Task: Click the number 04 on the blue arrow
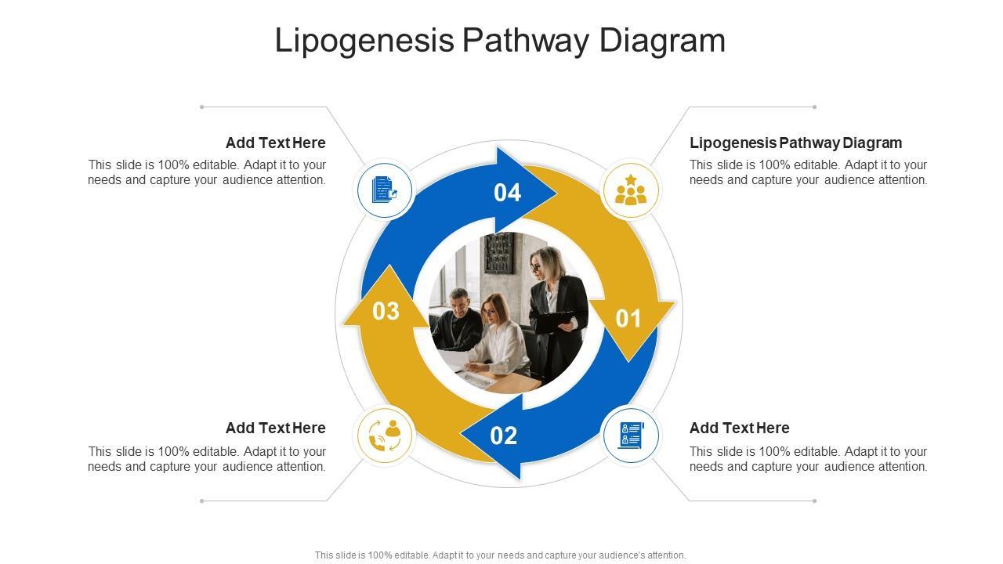point(507,193)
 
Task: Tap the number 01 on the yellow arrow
point(628,319)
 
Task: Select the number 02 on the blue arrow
point(504,436)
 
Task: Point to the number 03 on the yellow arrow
point(386,311)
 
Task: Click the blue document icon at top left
point(385,190)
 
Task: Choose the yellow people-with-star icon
point(630,190)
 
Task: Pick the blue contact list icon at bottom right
point(631,436)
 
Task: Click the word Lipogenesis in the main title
point(364,41)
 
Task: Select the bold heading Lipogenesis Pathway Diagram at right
point(795,143)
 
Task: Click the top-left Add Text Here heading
point(275,143)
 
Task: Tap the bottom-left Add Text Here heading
point(275,428)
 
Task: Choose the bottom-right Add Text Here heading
point(739,428)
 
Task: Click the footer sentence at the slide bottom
point(500,555)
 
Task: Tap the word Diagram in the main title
point(662,41)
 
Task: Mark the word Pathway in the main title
point(526,41)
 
